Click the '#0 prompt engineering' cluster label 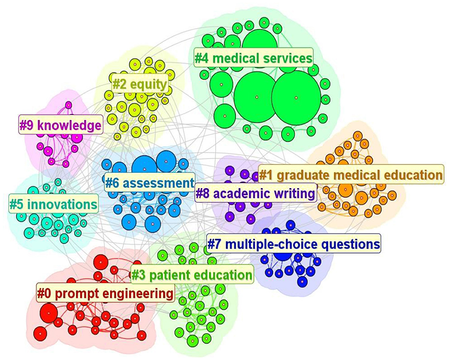(105, 293)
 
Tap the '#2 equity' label (139, 85)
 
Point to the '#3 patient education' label (192, 275)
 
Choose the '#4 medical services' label (254, 59)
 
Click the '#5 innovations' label (53, 205)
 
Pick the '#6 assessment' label (148, 183)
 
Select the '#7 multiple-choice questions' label (294, 244)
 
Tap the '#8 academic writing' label (255, 194)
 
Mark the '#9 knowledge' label (61, 126)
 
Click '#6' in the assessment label (112, 183)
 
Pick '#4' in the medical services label (202, 59)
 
